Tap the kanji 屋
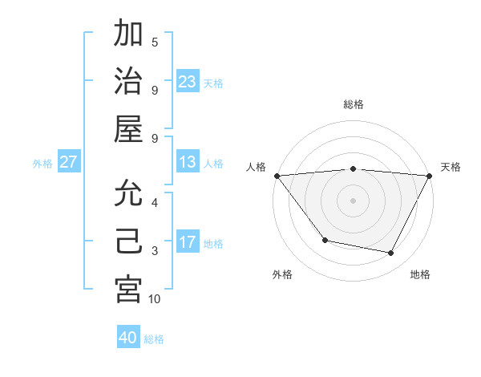pyautogui.click(x=128, y=129)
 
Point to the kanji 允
pyautogui.click(x=128, y=193)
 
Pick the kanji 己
pyautogui.click(x=128, y=241)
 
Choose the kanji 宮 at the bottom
pyautogui.click(x=128, y=290)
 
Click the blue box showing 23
pyautogui.click(x=188, y=81)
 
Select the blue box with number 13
pyautogui.click(x=188, y=162)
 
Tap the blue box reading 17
pyautogui.click(x=188, y=242)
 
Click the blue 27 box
pyautogui.click(x=69, y=162)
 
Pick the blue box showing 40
pyautogui.click(x=128, y=338)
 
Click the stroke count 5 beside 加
pyautogui.click(x=155, y=42)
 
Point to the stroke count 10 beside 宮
pyautogui.click(x=155, y=298)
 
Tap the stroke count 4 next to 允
pyautogui.click(x=155, y=202)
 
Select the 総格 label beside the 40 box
pyautogui.click(x=155, y=339)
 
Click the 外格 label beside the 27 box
pyautogui.click(x=42, y=163)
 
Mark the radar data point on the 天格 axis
pyautogui.click(x=430, y=176)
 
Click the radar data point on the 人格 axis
pyautogui.click(x=277, y=176)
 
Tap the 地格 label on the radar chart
pyautogui.click(x=420, y=274)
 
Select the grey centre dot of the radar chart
pyautogui.click(x=354, y=200)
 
